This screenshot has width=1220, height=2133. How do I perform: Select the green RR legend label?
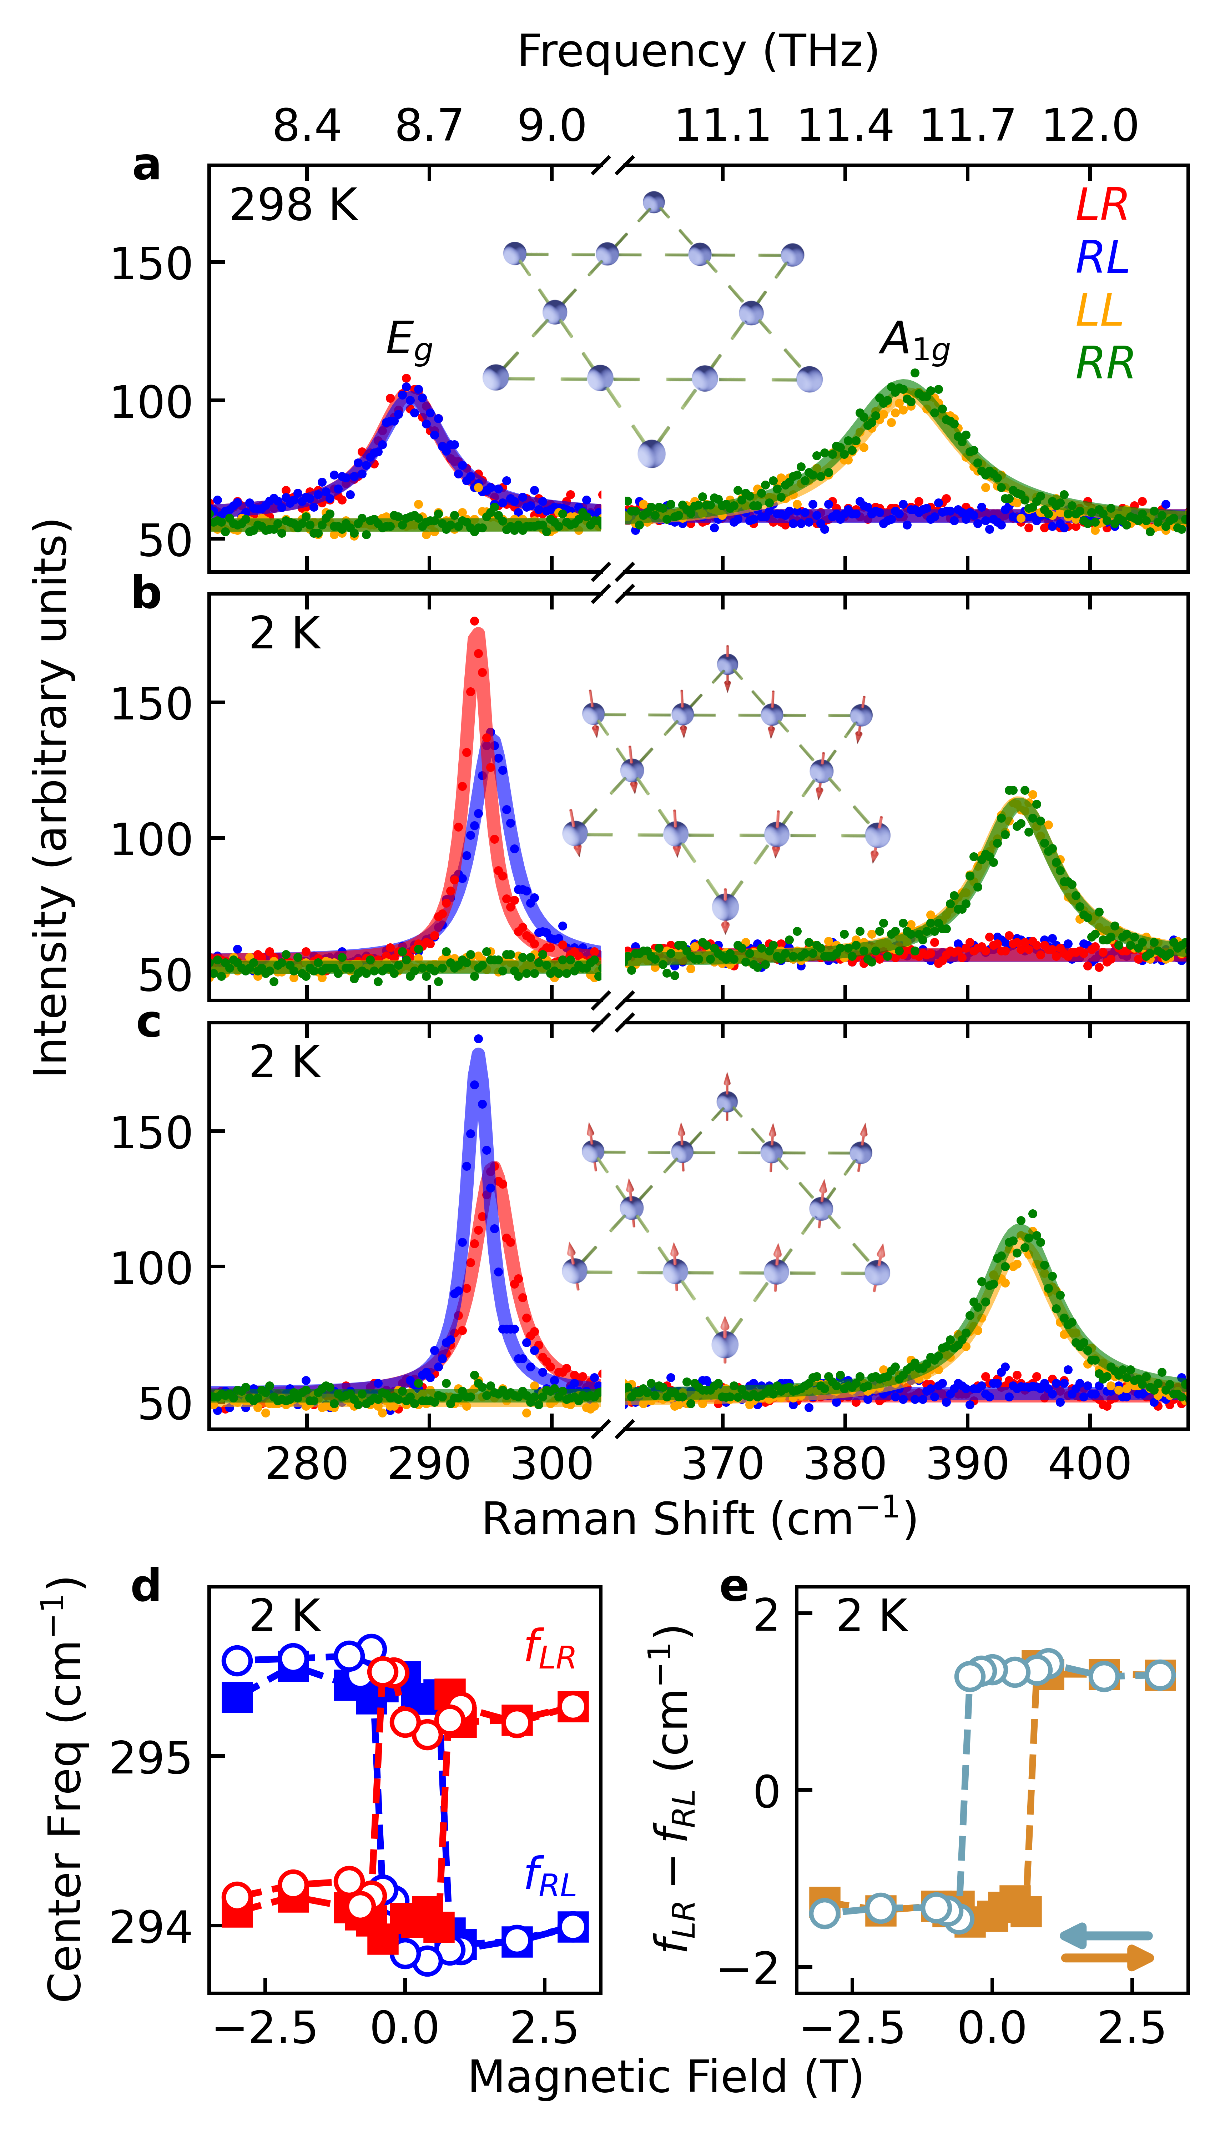pos(1104,364)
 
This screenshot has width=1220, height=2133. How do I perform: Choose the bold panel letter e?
pos(734,1587)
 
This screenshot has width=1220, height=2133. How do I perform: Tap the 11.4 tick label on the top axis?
pos(845,126)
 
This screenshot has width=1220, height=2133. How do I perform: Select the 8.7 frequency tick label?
pos(429,126)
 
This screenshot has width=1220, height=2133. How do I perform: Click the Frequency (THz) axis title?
pos(698,52)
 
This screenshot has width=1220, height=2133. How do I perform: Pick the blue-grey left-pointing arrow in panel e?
pos(1106,1936)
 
